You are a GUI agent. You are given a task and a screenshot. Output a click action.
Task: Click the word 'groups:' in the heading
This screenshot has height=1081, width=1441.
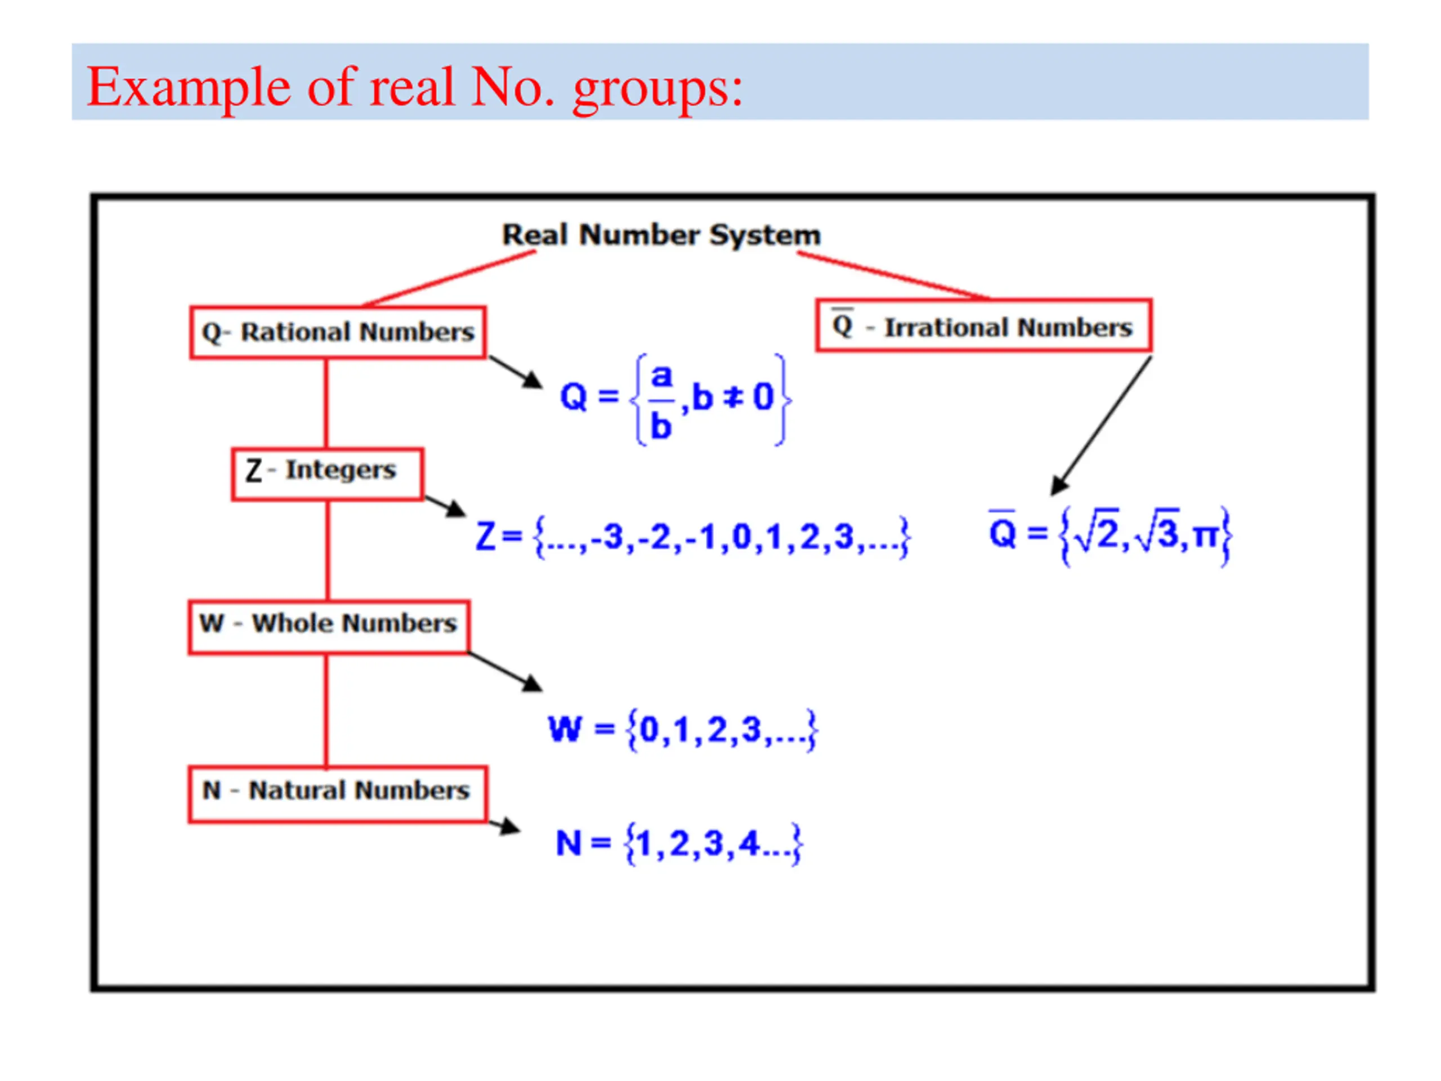point(658,88)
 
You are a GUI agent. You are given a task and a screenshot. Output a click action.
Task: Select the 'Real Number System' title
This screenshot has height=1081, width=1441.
point(661,235)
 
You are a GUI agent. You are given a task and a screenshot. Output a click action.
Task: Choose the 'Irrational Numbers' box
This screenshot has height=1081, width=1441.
point(984,326)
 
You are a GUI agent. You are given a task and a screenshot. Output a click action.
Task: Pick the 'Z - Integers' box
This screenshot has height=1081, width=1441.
point(328,474)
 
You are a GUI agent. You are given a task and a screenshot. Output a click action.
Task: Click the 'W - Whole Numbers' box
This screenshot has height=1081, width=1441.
point(329,627)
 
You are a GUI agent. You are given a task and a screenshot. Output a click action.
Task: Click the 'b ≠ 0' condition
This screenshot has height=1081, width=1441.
point(733,397)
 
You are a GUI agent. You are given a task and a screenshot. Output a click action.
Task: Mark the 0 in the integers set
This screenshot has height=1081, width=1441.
point(742,538)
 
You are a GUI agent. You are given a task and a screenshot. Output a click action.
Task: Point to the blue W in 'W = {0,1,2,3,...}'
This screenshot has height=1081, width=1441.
point(564,729)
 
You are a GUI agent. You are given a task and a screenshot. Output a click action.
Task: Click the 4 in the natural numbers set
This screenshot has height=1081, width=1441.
point(749,843)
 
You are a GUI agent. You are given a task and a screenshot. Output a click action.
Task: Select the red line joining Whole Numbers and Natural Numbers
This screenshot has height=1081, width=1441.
point(326,709)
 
